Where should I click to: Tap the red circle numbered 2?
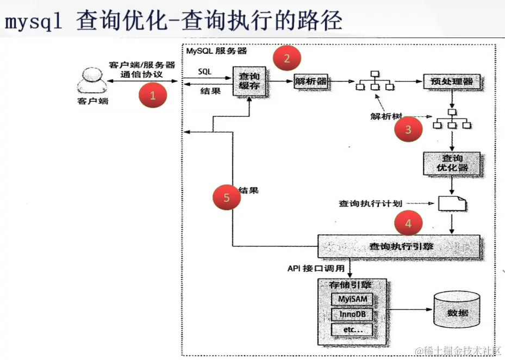(x=287, y=58)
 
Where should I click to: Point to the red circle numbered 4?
(x=408, y=223)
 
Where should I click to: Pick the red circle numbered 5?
(x=227, y=198)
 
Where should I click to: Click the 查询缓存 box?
(x=249, y=82)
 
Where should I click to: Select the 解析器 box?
(x=311, y=82)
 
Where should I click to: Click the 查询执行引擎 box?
(x=400, y=246)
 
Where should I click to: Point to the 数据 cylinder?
(x=457, y=312)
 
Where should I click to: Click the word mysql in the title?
(x=34, y=22)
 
